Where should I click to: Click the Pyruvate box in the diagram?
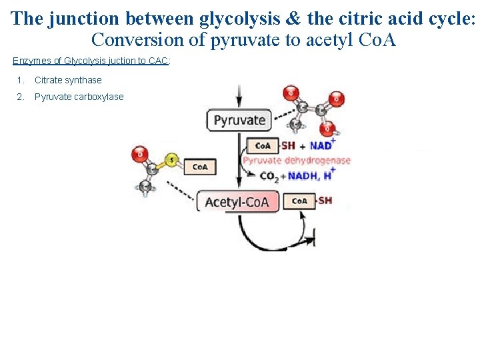point(239,121)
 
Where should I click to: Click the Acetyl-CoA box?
point(237,201)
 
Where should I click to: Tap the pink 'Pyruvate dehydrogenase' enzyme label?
point(297,161)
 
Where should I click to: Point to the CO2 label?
point(269,176)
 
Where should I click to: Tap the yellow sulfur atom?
point(171,160)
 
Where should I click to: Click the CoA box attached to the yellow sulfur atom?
point(199,167)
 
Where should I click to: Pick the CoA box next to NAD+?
point(263,145)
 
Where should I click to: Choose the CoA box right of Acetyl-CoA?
point(299,201)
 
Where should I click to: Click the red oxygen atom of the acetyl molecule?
point(139,154)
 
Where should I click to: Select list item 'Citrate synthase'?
point(68,80)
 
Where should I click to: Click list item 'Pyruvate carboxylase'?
point(79,97)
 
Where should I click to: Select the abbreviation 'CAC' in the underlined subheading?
point(159,61)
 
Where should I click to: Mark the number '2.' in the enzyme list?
point(21,97)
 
